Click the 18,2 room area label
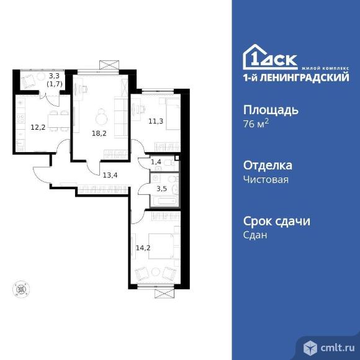(x=99, y=133)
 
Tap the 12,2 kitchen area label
(x=38, y=127)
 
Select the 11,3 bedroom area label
(x=156, y=121)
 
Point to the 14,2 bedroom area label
(x=143, y=248)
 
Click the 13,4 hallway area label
(x=110, y=175)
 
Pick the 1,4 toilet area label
(x=156, y=162)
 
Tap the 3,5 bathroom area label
(x=161, y=189)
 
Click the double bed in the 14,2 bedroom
(x=164, y=246)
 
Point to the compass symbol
(x=21, y=289)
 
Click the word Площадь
(x=271, y=110)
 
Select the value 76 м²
(x=256, y=124)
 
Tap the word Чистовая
(x=266, y=179)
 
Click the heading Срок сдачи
(x=277, y=221)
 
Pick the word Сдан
(x=255, y=235)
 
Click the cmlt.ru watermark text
(x=337, y=348)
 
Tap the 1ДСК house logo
(x=270, y=57)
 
